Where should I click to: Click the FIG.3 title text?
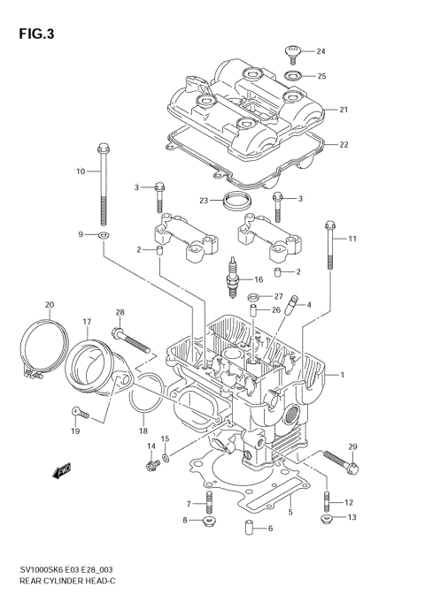35,34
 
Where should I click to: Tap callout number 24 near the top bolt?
321,51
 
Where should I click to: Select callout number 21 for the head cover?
344,110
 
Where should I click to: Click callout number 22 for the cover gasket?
344,144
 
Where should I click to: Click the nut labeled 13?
327,517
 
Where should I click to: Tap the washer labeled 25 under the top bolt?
295,76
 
